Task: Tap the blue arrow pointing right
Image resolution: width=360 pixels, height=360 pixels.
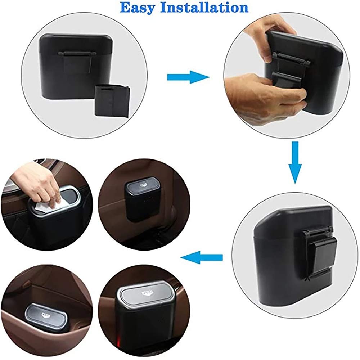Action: click(x=188, y=77)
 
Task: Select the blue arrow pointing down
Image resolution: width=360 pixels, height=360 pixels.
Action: click(x=295, y=162)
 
